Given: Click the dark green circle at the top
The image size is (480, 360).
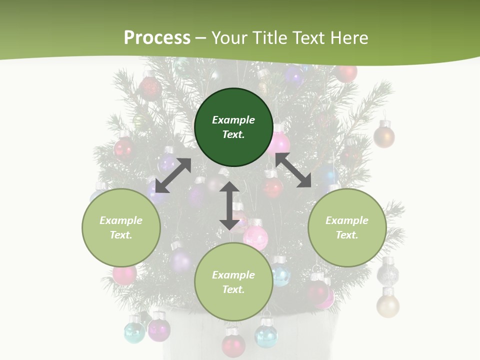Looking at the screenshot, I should point(233,127).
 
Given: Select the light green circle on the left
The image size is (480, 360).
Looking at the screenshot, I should point(121,227).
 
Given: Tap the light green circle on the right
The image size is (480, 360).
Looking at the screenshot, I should point(347,227).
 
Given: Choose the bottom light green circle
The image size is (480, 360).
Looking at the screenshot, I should point(233,282).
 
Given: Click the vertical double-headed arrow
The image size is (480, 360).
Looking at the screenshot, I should point(229,205).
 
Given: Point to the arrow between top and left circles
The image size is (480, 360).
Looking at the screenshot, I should point(173,175).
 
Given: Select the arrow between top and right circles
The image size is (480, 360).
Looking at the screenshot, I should point(293,170).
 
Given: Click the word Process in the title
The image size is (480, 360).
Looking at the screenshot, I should point(157,37).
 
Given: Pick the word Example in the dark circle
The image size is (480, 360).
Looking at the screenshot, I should point(233,120).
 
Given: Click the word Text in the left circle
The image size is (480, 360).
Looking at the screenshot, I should point(121,235).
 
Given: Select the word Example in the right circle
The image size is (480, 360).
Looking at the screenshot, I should point(347,220).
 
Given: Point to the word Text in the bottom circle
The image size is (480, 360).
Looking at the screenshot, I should point(233,289).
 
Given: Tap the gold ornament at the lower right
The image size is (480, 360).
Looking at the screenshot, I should point(388,305).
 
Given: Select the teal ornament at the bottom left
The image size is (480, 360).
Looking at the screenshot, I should point(134,332).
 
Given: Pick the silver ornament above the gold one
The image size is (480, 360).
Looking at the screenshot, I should point(388,274).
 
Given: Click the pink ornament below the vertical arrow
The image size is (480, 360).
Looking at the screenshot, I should point(255,237).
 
